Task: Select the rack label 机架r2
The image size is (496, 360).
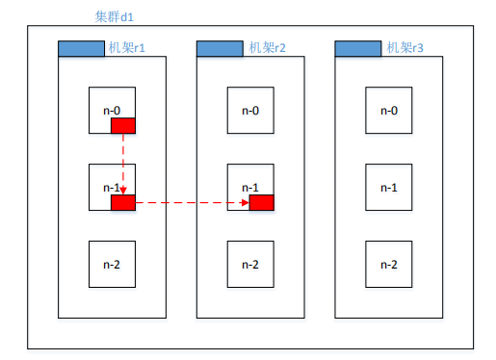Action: point(267,48)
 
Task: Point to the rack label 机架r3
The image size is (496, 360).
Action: point(405,48)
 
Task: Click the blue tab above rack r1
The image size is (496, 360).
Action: point(82,48)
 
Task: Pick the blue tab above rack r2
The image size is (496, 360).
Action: point(220,48)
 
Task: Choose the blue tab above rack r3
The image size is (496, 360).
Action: point(358,48)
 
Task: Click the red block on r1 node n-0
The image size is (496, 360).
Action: point(123,125)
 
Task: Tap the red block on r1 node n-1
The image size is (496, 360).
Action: point(123,202)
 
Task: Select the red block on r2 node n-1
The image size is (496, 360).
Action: point(261,202)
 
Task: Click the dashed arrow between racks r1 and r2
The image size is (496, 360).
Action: point(193,202)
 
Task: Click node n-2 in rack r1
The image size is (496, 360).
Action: point(112,264)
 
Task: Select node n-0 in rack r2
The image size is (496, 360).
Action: point(250,111)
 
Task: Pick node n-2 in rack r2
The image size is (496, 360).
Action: point(250,264)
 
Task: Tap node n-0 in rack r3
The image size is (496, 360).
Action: point(388,111)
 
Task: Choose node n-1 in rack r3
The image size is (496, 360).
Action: point(388,187)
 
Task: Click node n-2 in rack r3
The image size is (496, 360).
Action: point(388,264)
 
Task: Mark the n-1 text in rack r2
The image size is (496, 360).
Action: point(250,188)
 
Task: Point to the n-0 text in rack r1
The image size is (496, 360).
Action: point(112,111)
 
